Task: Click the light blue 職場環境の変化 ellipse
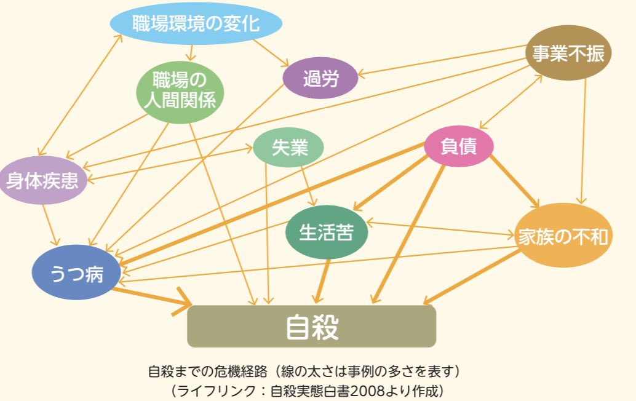click(x=196, y=24)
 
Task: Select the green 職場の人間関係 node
click(x=180, y=90)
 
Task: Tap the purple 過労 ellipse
click(x=320, y=78)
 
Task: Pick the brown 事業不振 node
click(x=568, y=53)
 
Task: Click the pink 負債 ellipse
click(x=459, y=146)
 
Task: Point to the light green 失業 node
click(x=289, y=148)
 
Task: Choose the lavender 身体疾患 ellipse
click(x=42, y=180)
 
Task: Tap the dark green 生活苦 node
click(x=326, y=232)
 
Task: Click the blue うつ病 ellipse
click(x=76, y=273)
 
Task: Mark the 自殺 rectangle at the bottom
click(x=311, y=327)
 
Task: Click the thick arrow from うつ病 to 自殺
click(x=151, y=296)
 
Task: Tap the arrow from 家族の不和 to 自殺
click(x=474, y=277)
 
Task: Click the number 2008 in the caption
click(x=365, y=390)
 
